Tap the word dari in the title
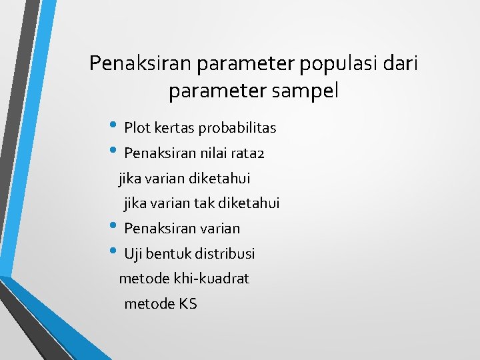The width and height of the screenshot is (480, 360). (401, 63)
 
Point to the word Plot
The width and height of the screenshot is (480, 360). (137, 127)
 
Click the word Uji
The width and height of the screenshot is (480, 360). (133, 254)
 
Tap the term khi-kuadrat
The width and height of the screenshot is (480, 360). (213, 279)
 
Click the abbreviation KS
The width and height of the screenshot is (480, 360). (188, 305)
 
